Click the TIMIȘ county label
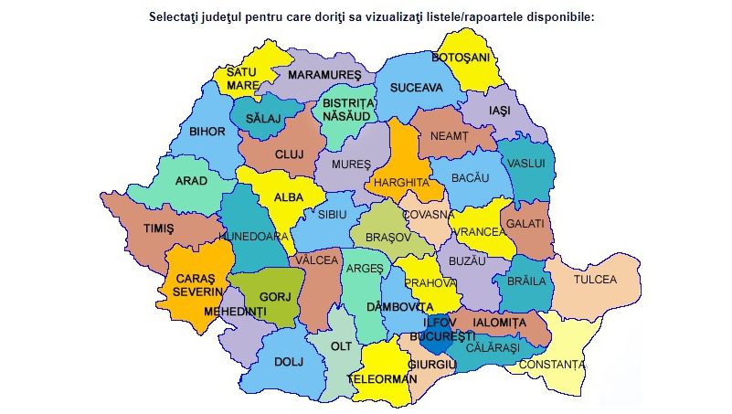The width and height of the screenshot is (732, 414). point(158,228)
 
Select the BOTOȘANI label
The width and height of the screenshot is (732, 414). point(461,58)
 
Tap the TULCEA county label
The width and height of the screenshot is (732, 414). point(595,280)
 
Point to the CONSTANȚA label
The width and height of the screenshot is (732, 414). point(551,365)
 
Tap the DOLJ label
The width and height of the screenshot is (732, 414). point(288,362)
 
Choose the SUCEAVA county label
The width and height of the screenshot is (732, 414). point(416,88)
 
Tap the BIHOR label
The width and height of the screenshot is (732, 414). point(207,132)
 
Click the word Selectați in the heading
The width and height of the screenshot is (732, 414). point(180,16)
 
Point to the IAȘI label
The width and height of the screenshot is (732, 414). point(498,110)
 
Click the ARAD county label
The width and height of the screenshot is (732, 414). point(191,181)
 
